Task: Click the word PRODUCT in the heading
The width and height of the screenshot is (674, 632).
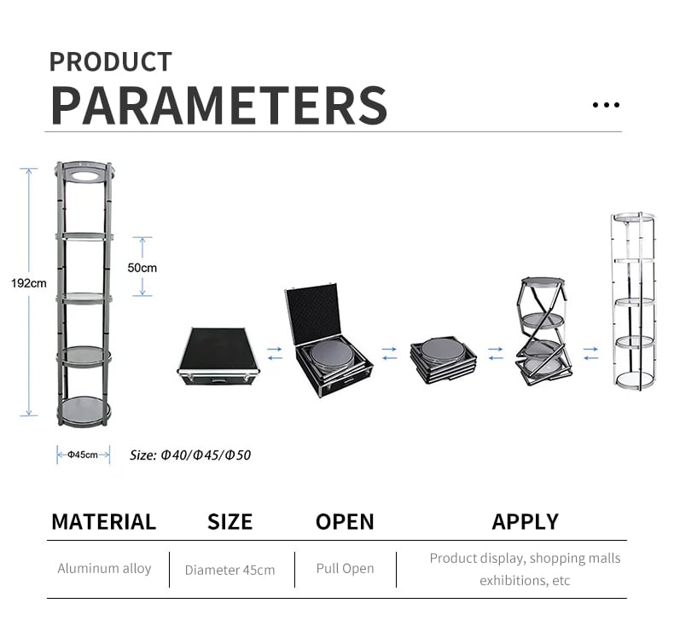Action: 111,62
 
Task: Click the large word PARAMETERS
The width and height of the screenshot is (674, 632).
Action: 219,105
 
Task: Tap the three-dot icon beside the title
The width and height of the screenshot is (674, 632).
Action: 606,105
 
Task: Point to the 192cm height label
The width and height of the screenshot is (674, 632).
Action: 29,283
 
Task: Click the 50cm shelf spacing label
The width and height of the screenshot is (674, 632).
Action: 142,268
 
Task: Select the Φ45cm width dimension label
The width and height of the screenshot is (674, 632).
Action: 83,455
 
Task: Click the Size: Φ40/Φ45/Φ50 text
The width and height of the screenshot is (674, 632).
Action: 190,455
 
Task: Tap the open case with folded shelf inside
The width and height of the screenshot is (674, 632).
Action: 328,339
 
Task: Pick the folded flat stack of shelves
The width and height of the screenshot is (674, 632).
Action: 443,360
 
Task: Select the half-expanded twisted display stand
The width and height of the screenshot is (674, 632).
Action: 543,331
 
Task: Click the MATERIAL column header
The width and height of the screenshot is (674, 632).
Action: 103,522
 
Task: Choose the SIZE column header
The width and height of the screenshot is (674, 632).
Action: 230,522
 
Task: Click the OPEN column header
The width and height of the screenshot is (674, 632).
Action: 345,522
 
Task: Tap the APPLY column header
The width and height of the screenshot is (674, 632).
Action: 526,522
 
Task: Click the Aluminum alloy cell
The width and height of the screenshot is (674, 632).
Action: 104,569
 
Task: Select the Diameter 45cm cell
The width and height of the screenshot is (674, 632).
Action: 230,570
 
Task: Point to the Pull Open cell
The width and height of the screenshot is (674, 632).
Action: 346,569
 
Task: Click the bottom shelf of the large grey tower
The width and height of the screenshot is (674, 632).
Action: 84,409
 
